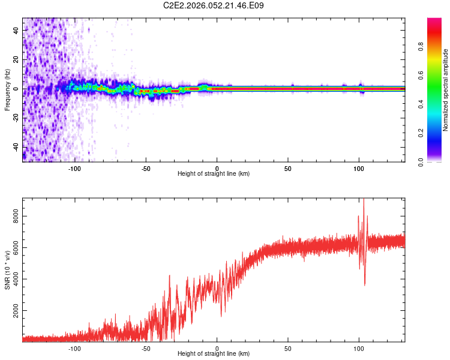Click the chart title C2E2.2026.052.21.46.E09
point(214,6)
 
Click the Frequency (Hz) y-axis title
point(7,89)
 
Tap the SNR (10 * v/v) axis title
point(7,269)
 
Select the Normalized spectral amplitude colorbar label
point(446,90)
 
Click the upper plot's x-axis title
point(214,173)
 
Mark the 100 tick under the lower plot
point(359,347)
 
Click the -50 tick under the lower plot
point(146,347)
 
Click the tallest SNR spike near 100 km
point(364,200)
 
